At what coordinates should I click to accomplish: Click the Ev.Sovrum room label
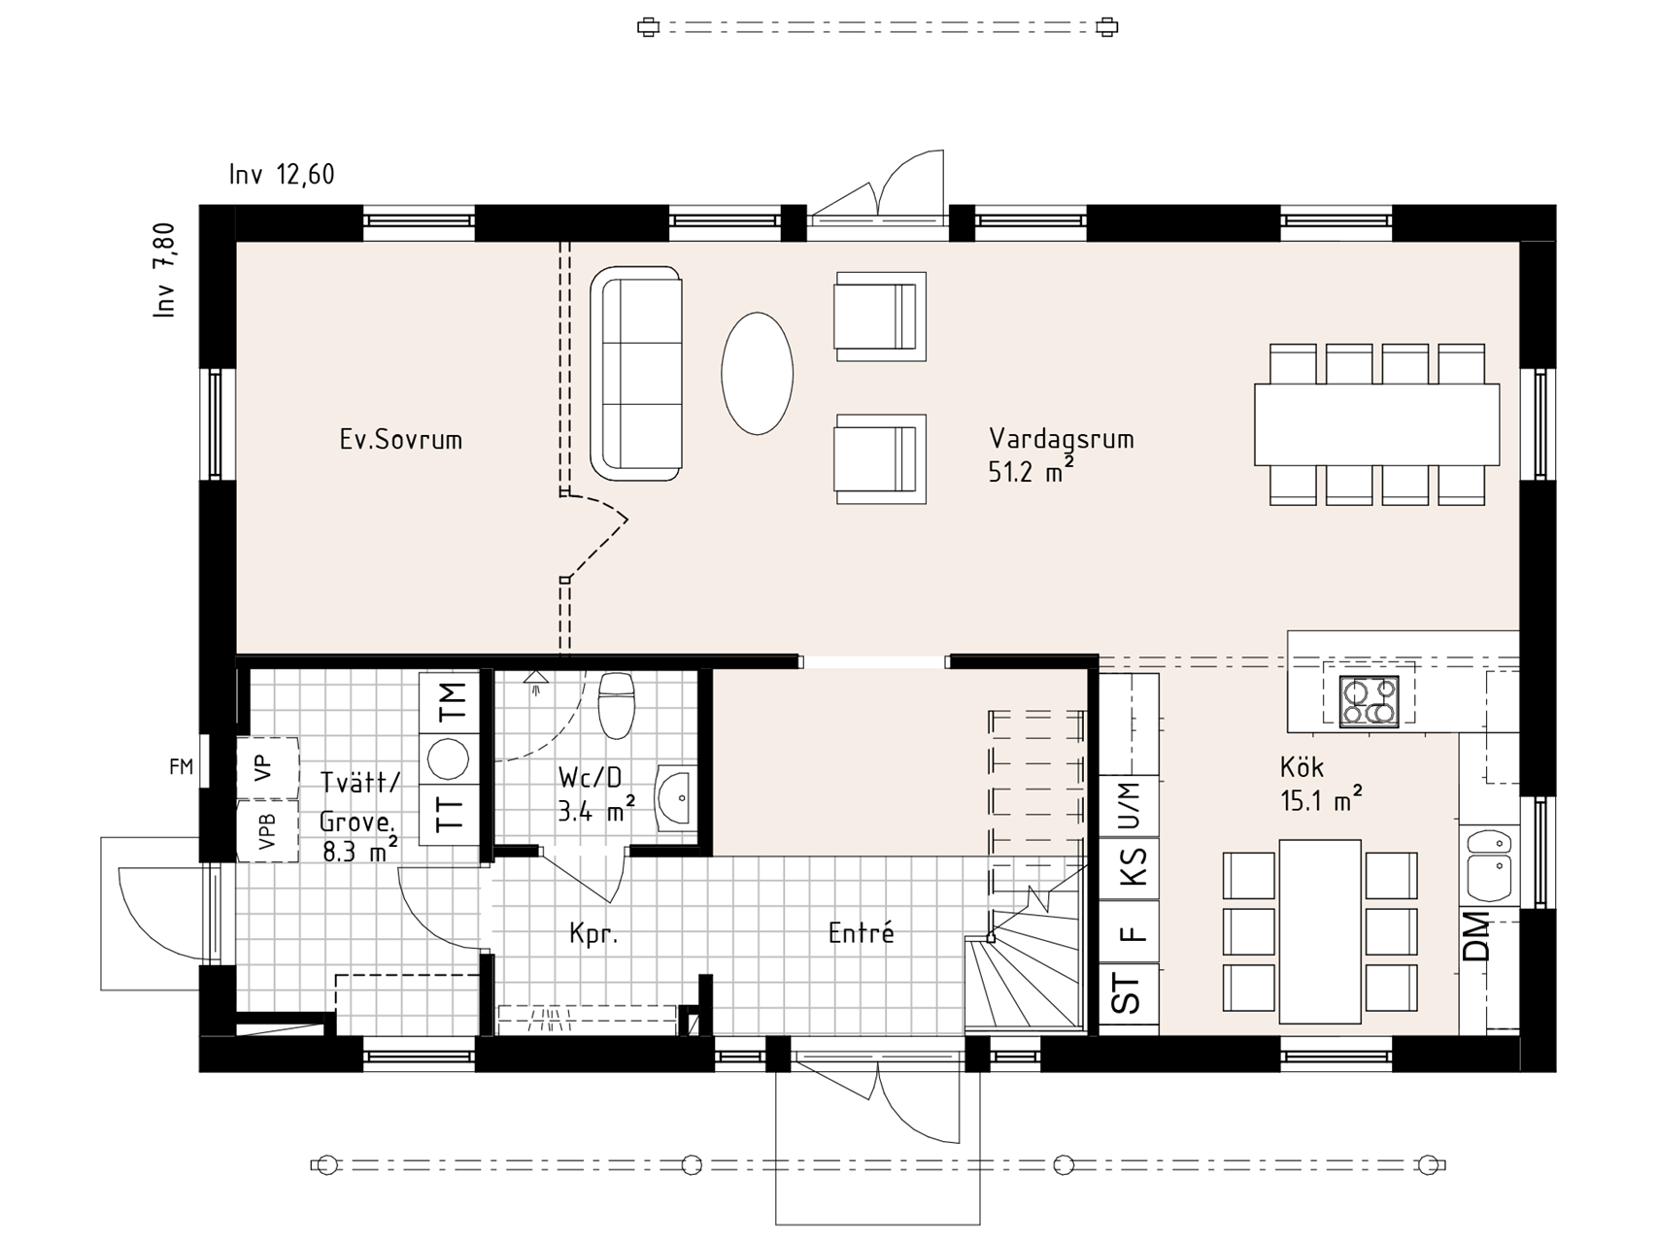click(x=400, y=440)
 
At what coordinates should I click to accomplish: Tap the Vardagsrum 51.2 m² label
click(x=1061, y=454)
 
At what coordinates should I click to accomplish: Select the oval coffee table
click(x=757, y=373)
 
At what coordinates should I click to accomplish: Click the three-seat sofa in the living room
click(x=636, y=373)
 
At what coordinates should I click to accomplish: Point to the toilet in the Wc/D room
click(x=617, y=705)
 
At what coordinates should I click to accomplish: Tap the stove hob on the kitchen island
click(x=1370, y=701)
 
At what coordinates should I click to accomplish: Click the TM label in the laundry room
click(x=452, y=702)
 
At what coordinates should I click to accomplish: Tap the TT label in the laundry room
click(x=450, y=812)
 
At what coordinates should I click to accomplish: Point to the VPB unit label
click(x=267, y=831)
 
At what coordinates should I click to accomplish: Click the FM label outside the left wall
click(x=182, y=767)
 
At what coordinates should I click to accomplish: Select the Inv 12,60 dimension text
click(x=282, y=175)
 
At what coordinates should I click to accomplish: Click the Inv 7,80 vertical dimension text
click(x=165, y=271)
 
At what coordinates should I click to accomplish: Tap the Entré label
click(x=861, y=933)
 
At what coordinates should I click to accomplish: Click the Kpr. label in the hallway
click(x=593, y=935)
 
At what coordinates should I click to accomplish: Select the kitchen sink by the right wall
click(x=1490, y=863)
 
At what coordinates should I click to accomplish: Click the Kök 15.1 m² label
click(x=1320, y=784)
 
